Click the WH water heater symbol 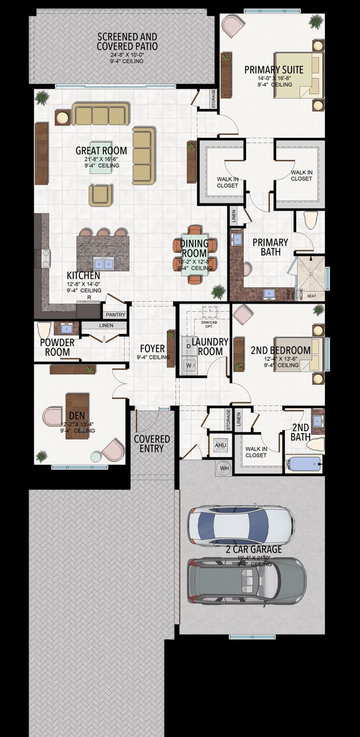[224, 468]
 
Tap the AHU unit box [220, 445]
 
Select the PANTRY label [116, 315]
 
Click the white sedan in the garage [240, 524]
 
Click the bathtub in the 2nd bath [304, 463]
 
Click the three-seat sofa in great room [100, 114]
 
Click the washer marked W [189, 365]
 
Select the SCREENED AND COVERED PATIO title [127, 41]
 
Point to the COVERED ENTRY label [152, 444]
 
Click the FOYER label [152, 349]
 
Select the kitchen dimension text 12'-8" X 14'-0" [83, 284]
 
